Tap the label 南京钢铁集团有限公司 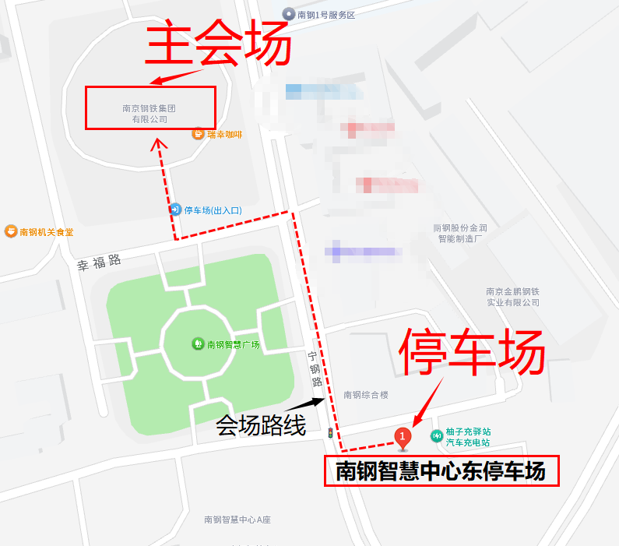point(149,114)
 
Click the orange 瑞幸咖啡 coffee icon point(199,134)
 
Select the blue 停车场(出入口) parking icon point(175,210)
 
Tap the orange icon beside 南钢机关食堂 point(11,231)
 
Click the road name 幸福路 point(100,262)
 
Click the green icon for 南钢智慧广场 point(199,343)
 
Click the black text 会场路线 point(261,425)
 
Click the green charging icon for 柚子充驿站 point(437,436)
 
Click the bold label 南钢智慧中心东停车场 point(441,471)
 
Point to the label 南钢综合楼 point(365,395)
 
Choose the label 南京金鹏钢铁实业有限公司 point(512,297)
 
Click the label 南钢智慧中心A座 point(237,520)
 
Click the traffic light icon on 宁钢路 point(331,432)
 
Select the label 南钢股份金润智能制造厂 point(460,234)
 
